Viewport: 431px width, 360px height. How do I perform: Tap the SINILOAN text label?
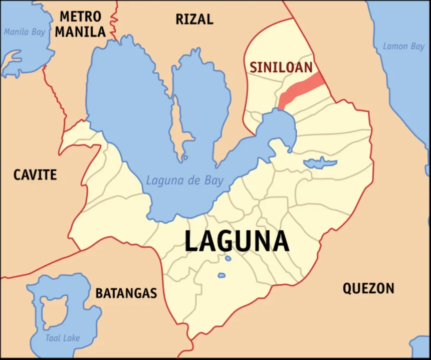(x=281, y=67)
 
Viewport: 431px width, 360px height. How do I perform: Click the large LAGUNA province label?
(x=237, y=242)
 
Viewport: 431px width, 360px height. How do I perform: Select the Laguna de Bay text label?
(x=184, y=181)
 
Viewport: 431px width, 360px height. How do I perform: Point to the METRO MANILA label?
(x=80, y=24)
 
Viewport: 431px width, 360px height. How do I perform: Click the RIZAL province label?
(x=194, y=20)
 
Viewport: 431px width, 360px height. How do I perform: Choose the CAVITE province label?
(x=35, y=175)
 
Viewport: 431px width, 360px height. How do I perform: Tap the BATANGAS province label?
(x=126, y=293)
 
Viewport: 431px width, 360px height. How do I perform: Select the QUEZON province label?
(x=368, y=288)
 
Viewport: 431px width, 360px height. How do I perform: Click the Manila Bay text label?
(x=24, y=32)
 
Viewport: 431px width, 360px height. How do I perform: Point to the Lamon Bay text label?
(x=403, y=46)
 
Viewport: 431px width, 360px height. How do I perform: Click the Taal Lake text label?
(x=62, y=338)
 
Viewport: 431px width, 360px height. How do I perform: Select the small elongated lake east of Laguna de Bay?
(x=320, y=162)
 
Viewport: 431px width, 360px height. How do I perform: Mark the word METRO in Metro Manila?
(x=80, y=17)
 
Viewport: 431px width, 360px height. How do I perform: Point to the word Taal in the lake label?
(x=53, y=338)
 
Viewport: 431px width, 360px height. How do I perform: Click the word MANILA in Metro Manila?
(x=80, y=32)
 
